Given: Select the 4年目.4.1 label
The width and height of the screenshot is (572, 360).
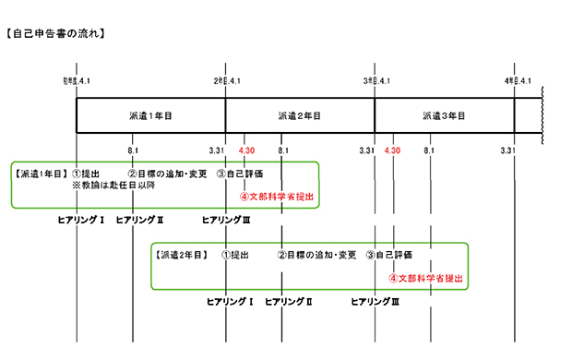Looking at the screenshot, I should pos(517,81).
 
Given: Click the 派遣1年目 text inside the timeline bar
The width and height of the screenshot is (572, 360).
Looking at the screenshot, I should pos(150,116).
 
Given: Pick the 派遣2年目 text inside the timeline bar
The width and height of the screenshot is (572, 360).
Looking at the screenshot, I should pos(299,116).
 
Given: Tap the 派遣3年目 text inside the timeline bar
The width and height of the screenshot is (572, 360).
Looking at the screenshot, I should pos(444,116).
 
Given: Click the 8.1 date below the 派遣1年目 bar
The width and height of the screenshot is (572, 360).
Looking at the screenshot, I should pos(133,150).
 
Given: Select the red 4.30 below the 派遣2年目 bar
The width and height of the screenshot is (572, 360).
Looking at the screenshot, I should pos(245,150).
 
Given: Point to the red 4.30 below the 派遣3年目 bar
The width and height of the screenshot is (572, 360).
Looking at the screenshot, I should pos(392,150).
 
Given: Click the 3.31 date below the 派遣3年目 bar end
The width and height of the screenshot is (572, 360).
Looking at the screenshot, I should pos(506,150).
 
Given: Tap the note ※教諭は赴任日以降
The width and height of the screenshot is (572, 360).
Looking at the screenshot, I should pos(114,186).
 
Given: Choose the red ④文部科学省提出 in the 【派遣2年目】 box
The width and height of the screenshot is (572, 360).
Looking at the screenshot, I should pos(424,277).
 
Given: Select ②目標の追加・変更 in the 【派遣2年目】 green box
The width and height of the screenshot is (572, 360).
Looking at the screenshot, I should pos(316,254).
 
